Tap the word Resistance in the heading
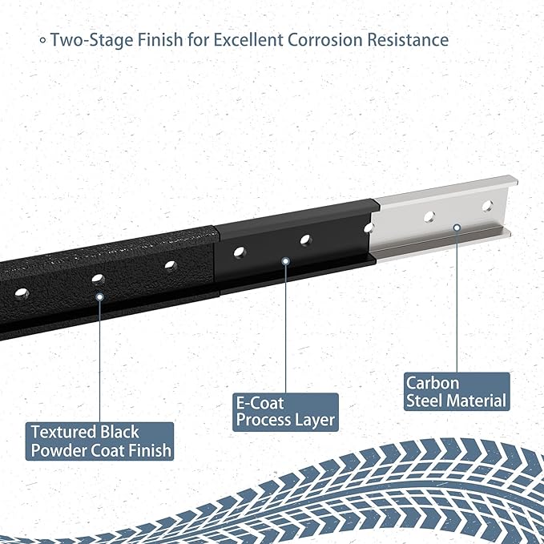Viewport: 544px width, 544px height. tap(408, 39)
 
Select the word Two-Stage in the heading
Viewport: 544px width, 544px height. tap(91, 40)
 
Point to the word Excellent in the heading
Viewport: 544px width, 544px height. tap(248, 39)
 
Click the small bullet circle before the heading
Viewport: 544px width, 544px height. tap(42, 40)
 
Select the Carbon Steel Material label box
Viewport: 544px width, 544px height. tap(457, 392)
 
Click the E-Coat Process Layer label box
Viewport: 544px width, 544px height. tap(285, 412)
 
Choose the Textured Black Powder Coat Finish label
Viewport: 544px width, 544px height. tap(99, 441)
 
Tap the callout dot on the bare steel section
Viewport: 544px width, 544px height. tap(457, 228)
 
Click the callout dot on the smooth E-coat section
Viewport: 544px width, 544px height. tap(285, 261)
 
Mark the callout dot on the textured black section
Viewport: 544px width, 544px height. tap(100, 297)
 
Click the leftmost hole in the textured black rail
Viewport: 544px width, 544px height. tap(22, 294)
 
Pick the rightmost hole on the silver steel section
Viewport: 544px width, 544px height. tap(487, 206)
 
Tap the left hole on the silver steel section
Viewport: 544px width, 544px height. tap(429, 217)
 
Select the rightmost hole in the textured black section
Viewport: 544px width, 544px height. tap(171, 266)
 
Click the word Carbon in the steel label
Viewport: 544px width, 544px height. tap(433, 383)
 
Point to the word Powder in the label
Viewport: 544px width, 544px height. tap(58, 450)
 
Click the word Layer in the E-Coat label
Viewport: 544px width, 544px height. tap(314, 421)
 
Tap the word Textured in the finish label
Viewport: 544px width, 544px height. tap(63, 433)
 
